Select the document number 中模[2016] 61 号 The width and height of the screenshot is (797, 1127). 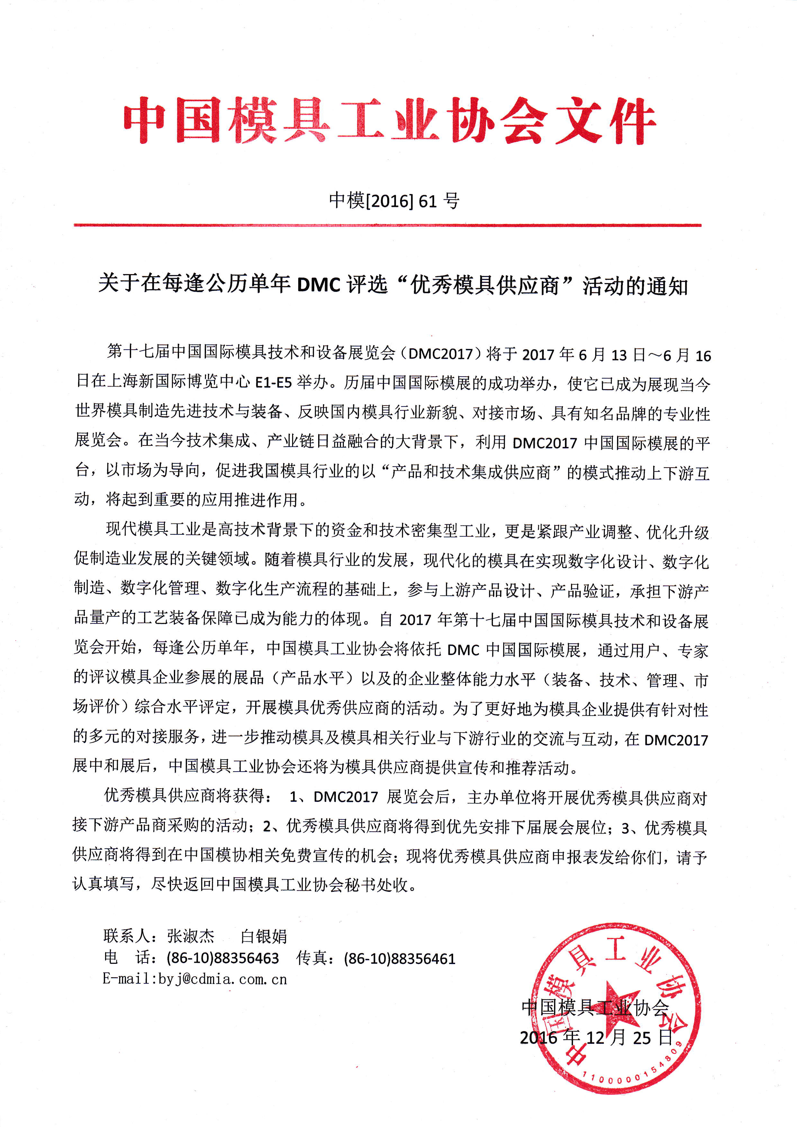[x=394, y=200]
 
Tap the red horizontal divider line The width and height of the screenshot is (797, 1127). [x=387, y=225]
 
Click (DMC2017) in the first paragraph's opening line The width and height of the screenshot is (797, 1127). [x=440, y=353]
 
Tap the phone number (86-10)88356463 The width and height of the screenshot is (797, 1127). [x=223, y=958]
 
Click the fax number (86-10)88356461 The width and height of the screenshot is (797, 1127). [x=400, y=958]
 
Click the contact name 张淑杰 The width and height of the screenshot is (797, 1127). [x=191, y=936]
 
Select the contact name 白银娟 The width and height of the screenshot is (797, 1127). [x=264, y=936]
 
